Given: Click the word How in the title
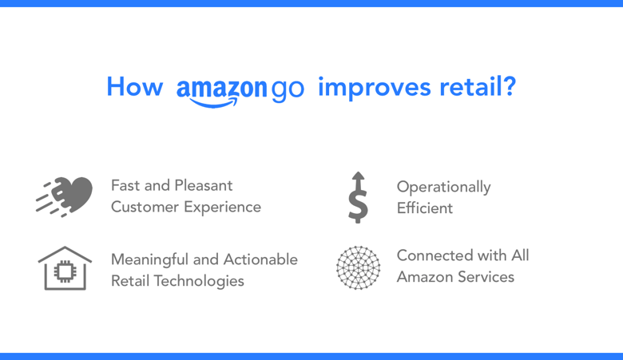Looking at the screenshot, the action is click(x=135, y=86).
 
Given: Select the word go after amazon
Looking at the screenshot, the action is click(x=288, y=90).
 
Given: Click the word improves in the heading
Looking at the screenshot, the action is click(x=375, y=87).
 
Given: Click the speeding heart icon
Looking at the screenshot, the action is click(x=65, y=197).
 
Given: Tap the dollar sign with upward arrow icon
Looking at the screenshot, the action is click(x=358, y=197).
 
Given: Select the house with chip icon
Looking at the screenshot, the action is click(x=65, y=268).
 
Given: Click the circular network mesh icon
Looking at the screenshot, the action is click(x=358, y=267).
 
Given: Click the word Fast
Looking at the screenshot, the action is click(x=125, y=185).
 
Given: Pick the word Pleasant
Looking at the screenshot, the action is click(x=204, y=185).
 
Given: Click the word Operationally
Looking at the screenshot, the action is click(x=444, y=188).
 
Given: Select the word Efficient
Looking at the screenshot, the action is click(x=425, y=208).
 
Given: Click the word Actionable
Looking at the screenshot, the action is click(x=260, y=259).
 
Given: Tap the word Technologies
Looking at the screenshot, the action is click(x=199, y=282).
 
